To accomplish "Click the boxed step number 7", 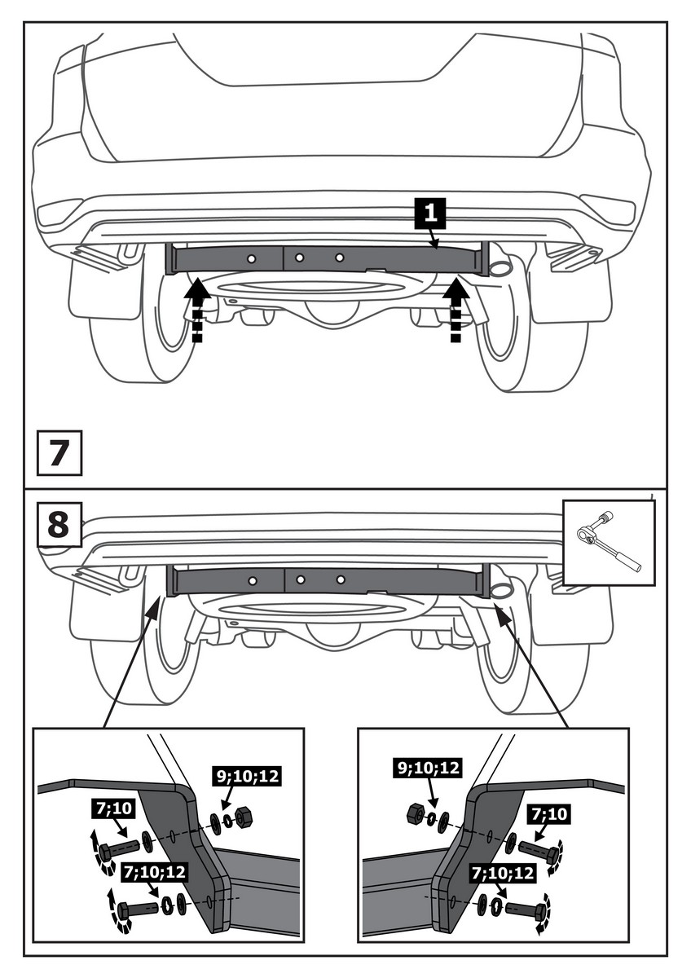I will point(59,453).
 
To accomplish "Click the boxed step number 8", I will point(58,523).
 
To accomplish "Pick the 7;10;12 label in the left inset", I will point(155,871).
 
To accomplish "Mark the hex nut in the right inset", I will point(415,813).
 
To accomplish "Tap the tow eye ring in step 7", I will point(500,269).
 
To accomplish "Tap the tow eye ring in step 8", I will point(500,590).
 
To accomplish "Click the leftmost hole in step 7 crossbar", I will point(253,258).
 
